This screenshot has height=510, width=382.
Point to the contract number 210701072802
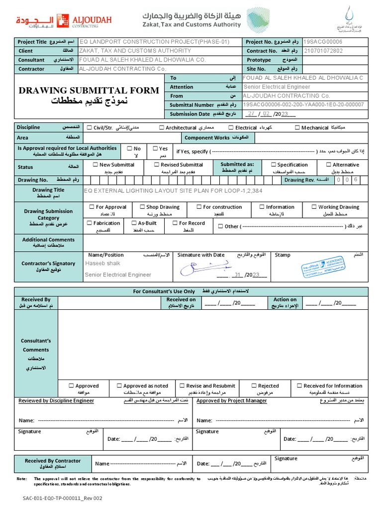tap(323, 51)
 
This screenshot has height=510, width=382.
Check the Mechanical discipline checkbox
tap(297, 128)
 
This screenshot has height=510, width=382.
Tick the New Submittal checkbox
tap(95, 165)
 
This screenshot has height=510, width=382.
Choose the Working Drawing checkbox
tap(314, 207)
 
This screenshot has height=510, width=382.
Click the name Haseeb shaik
tap(102, 263)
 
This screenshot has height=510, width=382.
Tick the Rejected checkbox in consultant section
tap(254, 386)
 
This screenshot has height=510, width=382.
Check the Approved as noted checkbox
tap(119, 386)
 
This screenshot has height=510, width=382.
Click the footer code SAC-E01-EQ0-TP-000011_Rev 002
tap(62, 498)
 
